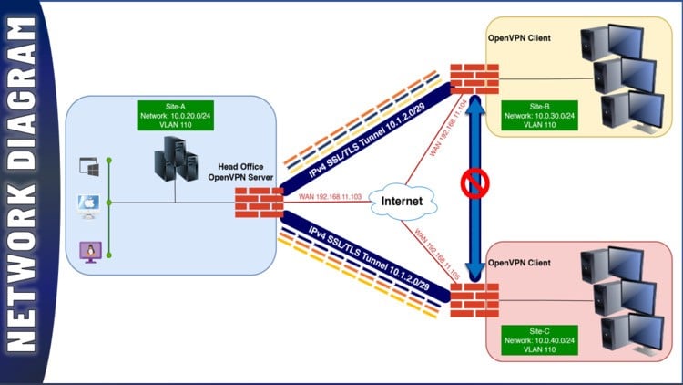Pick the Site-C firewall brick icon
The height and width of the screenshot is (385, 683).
point(474,300)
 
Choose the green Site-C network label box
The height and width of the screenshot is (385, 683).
point(537,339)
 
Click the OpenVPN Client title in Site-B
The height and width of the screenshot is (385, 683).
point(520,37)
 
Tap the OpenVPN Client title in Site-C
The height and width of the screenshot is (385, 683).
point(520,262)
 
